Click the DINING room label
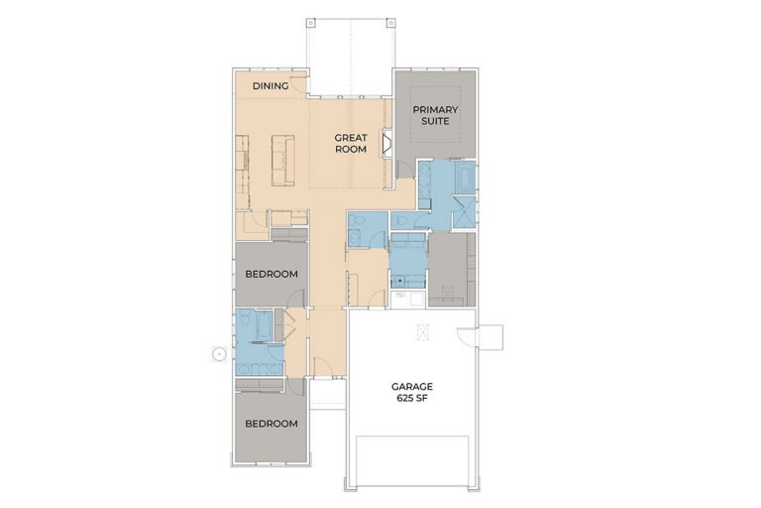[x=271, y=86]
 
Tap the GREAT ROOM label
[x=351, y=144]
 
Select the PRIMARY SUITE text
[x=435, y=115]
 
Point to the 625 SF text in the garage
[x=412, y=398]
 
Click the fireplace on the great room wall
[x=387, y=144]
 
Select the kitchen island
[x=283, y=161]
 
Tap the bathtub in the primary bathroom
[x=465, y=178]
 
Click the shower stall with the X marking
[x=465, y=212]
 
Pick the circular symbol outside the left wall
[x=219, y=354]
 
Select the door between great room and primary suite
[x=404, y=170]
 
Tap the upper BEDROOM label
[x=272, y=274]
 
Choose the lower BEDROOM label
[x=272, y=424]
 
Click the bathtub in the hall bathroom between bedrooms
[x=264, y=324]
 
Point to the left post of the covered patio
[x=310, y=23]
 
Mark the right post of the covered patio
[x=390, y=23]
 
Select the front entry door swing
[x=322, y=366]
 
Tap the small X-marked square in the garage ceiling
[x=422, y=331]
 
